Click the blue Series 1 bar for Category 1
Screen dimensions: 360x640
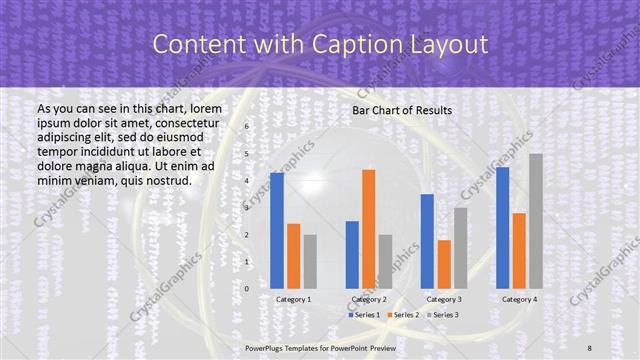277,230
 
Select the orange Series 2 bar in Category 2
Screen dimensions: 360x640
369,229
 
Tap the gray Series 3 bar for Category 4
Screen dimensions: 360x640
536,221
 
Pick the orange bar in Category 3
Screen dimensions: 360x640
445,264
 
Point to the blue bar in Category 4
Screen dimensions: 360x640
502,227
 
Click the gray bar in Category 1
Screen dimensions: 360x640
310,261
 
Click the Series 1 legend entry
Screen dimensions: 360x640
361,315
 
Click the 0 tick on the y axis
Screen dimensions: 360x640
247,288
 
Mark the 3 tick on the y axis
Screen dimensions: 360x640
247,208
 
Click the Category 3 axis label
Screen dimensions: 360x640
444,299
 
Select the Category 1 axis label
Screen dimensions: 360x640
293,299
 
